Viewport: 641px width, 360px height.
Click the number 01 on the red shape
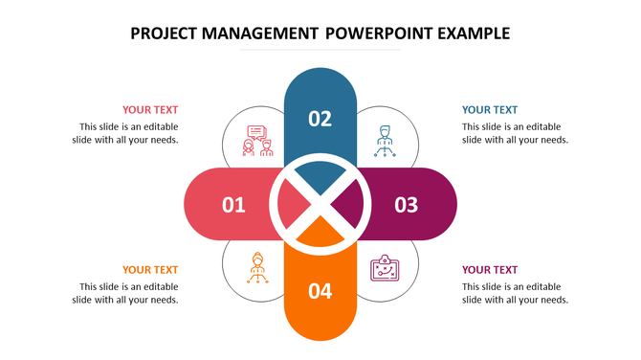pyautogui.click(x=233, y=204)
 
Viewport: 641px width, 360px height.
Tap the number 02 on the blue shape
pyautogui.click(x=320, y=119)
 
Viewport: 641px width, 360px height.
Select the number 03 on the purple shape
pyautogui.click(x=407, y=204)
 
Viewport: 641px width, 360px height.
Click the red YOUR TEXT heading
pyautogui.click(x=150, y=110)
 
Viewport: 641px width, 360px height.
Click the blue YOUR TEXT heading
pyautogui.click(x=490, y=110)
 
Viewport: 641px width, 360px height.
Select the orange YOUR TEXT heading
pyautogui.click(x=150, y=270)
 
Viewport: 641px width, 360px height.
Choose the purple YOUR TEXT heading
pyautogui.click(x=490, y=270)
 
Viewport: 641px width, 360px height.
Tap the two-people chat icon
pyautogui.click(x=257, y=142)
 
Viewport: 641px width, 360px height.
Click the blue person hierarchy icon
pyautogui.click(x=384, y=142)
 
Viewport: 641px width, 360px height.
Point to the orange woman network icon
pyautogui.click(x=256, y=266)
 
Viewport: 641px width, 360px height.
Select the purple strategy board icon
pyautogui.click(x=384, y=268)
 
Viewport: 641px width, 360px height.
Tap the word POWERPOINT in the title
pyautogui.click(x=378, y=34)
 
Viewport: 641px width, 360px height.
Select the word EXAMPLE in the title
pyautogui.click(x=473, y=34)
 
